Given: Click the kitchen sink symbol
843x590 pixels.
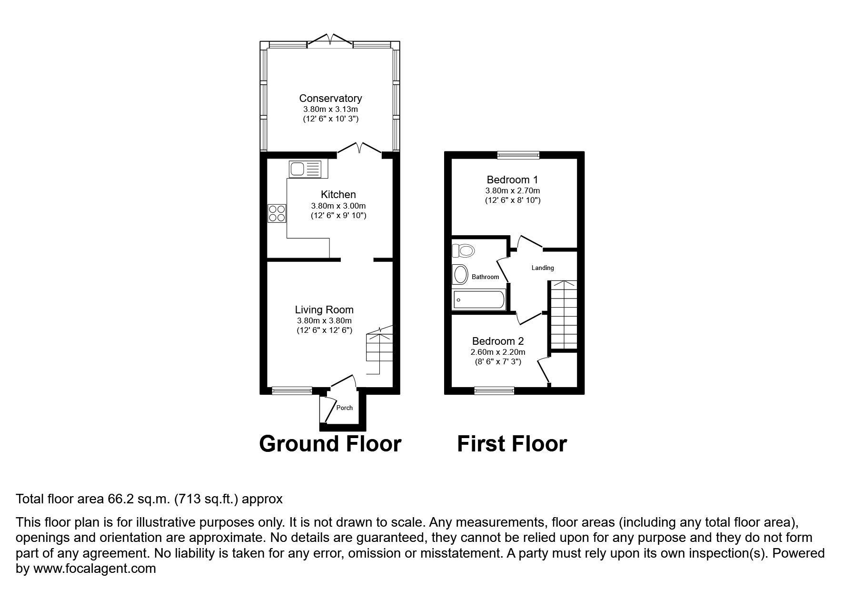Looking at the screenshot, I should pyautogui.click(x=305, y=169).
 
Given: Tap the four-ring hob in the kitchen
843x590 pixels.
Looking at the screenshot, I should pyautogui.click(x=277, y=213).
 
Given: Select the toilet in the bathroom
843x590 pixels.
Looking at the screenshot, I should pyautogui.click(x=464, y=250).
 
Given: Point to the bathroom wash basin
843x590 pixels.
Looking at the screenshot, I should pyautogui.click(x=460, y=275).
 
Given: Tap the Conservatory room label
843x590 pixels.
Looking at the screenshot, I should pyautogui.click(x=330, y=98).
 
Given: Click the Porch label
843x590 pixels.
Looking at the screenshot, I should pyautogui.click(x=345, y=408).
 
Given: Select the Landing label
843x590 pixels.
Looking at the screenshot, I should pyautogui.click(x=543, y=268).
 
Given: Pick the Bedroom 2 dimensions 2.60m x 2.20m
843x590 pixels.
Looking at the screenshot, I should pyautogui.click(x=498, y=352).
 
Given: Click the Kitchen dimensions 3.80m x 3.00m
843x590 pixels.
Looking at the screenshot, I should pyautogui.click(x=338, y=206).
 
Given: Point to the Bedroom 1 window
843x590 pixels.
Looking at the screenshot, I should pyautogui.click(x=518, y=155).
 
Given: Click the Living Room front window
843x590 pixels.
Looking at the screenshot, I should pyautogui.click(x=292, y=391).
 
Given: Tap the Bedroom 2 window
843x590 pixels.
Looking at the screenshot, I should pyautogui.click(x=495, y=391).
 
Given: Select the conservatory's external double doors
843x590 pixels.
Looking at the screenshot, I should pyautogui.click(x=330, y=41).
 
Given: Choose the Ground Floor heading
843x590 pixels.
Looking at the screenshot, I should pyautogui.click(x=330, y=444).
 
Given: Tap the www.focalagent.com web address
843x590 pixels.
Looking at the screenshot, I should pyautogui.click(x=94, y=569).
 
